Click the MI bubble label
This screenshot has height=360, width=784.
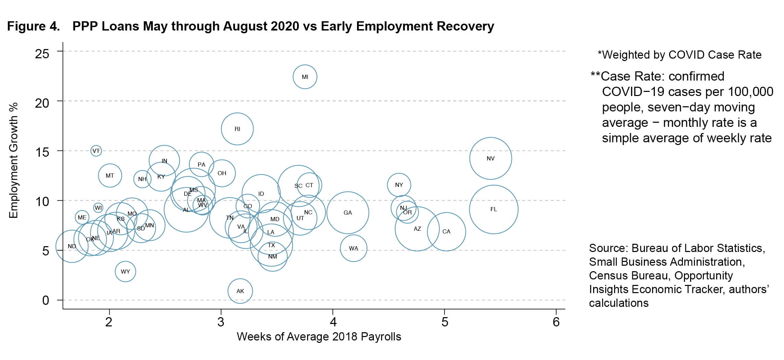point(305,77)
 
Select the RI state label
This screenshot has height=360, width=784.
point(237,129)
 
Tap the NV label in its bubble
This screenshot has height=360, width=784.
point(491,159)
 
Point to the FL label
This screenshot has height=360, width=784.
point(493,209)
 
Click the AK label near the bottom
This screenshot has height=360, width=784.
point(240,291)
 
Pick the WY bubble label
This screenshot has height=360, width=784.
point(125,272)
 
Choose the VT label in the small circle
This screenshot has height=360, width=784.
point(96,151)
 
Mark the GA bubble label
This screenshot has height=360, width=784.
point(348,213)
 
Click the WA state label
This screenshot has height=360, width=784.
point(354,249)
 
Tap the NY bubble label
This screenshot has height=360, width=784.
point(399,185)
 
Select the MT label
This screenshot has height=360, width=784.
point(110,176)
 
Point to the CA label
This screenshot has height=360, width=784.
point(446,232)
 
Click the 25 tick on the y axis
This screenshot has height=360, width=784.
point(42,54)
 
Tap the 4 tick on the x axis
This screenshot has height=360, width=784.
point(333,322)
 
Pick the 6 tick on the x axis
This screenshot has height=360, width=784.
point(556,322)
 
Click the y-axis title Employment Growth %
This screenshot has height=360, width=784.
point(13,160)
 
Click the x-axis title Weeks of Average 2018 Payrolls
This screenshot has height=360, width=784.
point(319,337)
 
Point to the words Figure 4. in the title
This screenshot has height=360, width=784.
point(34,26)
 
